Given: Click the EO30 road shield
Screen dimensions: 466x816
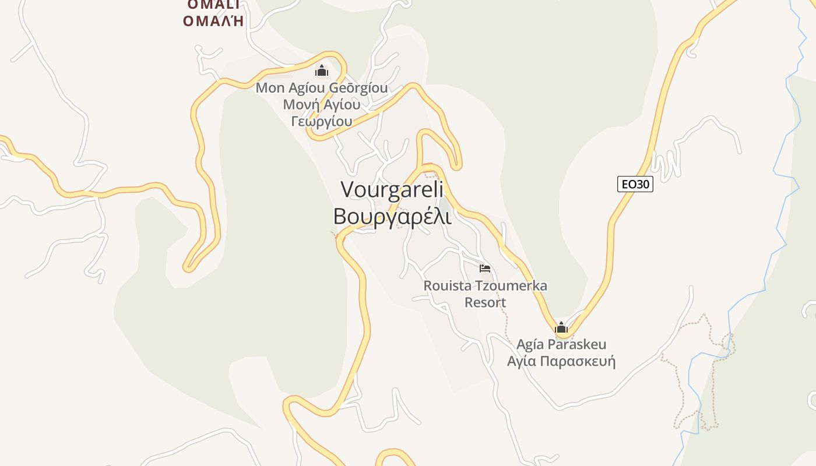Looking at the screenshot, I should click(635, 185).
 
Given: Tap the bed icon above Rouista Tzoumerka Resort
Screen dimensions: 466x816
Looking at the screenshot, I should click(485, 269).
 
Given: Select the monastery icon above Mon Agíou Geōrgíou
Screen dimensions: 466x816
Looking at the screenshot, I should click(322, 71).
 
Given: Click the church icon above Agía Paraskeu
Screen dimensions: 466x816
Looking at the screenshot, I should click(561, 327).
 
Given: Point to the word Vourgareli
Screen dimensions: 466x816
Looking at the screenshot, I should click(392, 189).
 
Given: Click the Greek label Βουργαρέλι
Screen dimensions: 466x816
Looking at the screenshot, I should click(392, 216).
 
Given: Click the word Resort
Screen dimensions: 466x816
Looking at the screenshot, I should click(485, 302).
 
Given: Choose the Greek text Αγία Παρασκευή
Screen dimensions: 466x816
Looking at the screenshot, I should click(561, 361).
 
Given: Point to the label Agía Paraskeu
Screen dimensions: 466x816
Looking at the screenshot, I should click(561, 344).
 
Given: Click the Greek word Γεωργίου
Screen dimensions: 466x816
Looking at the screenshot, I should click(322, 121).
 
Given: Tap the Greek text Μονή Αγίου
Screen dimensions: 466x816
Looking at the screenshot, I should click(322, 105).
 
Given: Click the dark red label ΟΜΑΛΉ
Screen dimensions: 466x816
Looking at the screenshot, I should click(213, 21).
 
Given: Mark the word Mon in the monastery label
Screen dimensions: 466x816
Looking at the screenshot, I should click(269, 88).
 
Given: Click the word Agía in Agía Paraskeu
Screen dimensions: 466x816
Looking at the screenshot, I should click(531, 344).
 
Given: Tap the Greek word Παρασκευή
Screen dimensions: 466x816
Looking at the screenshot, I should click(578, 361).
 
